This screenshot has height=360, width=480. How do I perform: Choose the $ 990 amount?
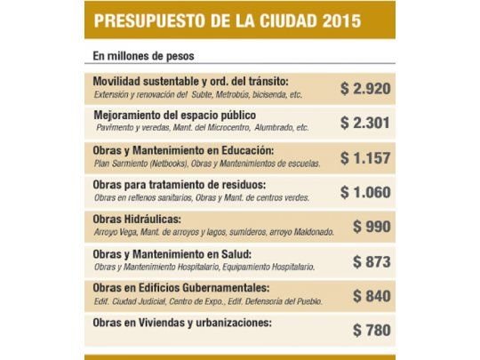pos(372,226)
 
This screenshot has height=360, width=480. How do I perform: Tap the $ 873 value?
pos(372,261)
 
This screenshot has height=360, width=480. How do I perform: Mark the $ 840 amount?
pos(372,295)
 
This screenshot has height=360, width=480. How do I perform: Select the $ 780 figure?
pos(372,330)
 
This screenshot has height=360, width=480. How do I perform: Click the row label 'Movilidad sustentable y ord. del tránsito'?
pos(184,81)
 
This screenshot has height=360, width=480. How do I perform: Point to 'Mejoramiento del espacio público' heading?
pos(175,116)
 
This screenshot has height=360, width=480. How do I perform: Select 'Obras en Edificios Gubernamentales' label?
pos(180,288)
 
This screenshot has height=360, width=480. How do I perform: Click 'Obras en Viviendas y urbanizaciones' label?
pos(181,323)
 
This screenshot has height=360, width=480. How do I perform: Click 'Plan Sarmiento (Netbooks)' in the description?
pos(136,163)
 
